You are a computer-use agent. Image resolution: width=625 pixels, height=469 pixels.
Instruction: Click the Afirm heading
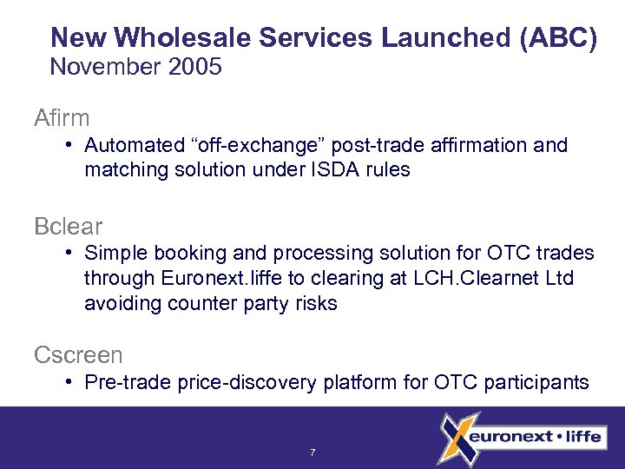pos(62,116)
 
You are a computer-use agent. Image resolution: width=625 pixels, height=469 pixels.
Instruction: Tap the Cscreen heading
pos(78,354)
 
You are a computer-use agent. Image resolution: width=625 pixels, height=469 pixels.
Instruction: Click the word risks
pos(312,303)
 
